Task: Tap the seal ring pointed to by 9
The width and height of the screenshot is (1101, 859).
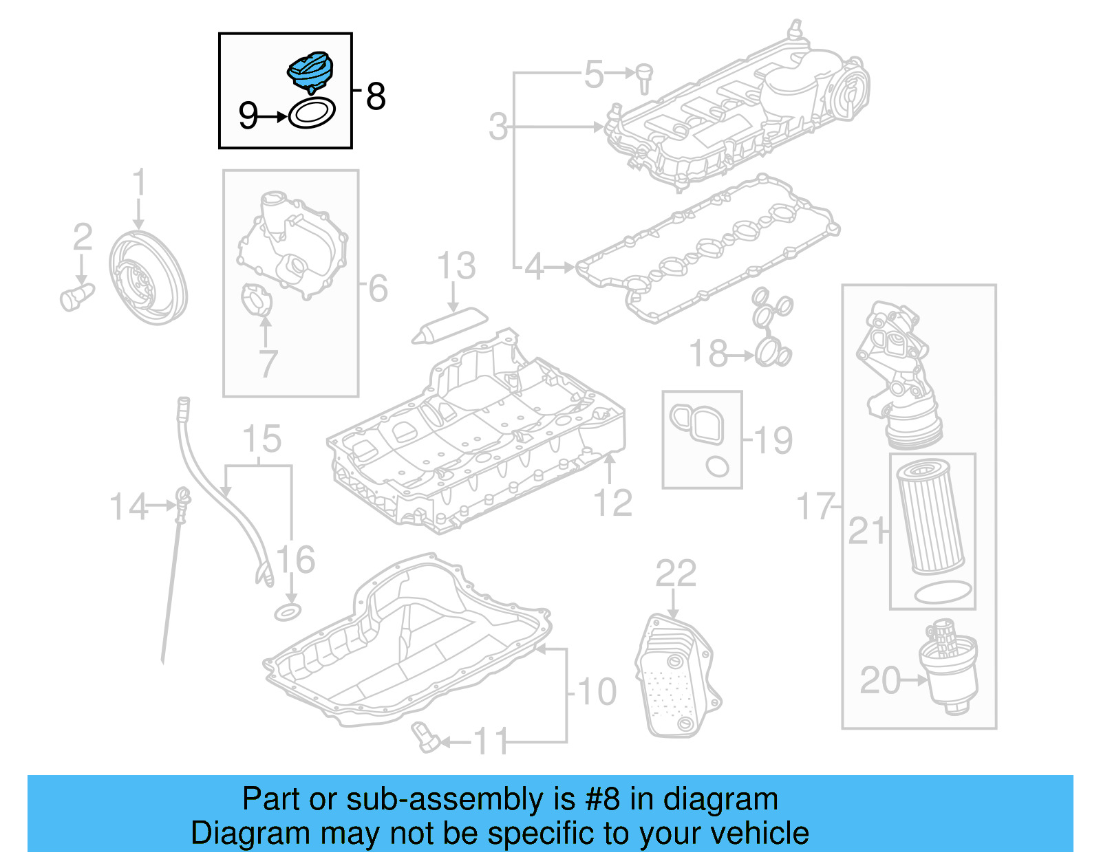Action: (312, 113)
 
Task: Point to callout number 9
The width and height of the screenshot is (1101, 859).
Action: (248, 116)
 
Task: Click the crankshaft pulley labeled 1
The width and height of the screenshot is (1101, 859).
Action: (148, 278)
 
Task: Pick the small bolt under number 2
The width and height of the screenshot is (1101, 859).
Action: (76, 296)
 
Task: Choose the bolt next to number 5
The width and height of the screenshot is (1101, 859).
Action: (644, 77)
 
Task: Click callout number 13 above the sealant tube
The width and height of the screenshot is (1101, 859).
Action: (456, 266)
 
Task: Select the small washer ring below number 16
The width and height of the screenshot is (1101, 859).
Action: (288, 611)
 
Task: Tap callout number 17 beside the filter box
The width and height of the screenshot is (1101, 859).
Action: (815, 506)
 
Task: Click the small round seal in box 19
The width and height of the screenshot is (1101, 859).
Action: (717, 466)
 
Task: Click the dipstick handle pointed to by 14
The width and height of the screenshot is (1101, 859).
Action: (183, 497)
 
